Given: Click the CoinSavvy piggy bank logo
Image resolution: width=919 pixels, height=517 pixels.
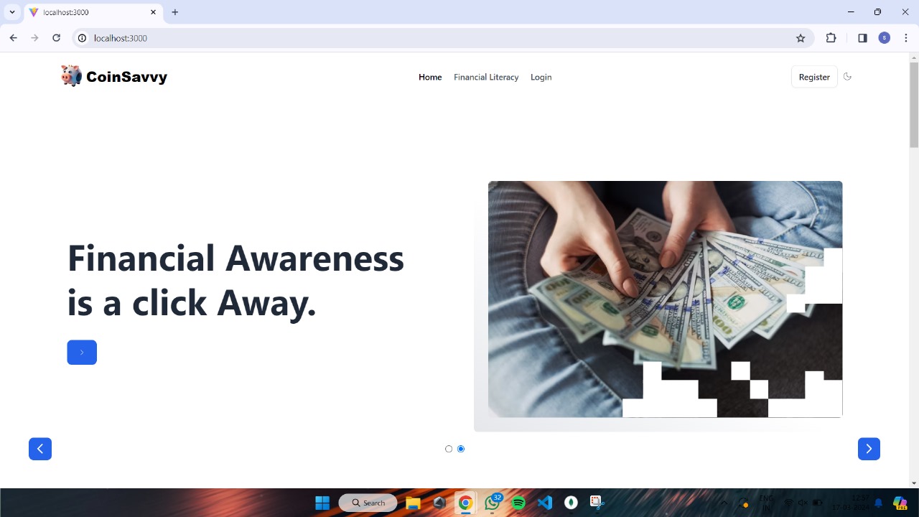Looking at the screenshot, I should coord(71,75).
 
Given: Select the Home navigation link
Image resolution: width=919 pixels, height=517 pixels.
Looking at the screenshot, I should coord(430,77).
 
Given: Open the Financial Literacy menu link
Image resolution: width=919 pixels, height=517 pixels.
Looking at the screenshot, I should coord(486,77).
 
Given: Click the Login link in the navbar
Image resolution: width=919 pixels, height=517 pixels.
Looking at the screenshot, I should coord(541,77).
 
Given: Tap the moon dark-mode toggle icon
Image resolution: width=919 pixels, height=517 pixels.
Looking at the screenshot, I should coord(847,77).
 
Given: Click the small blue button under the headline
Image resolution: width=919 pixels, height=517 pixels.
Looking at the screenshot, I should coord(82,353).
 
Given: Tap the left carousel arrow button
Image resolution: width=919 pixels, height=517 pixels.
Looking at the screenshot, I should coord(40,449).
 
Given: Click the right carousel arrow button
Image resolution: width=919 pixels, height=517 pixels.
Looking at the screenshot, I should coord(869,449).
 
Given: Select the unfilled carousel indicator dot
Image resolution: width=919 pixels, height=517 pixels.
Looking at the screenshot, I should coord(449,449).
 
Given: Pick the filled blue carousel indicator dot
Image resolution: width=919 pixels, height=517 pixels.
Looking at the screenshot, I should coord(461,449).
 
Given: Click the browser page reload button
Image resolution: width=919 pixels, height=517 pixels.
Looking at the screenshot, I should coord(57,38).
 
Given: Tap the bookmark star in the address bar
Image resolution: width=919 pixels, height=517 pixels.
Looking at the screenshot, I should coord(801,38).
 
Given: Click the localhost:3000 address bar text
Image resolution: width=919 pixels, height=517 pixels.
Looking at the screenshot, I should coord(121,38).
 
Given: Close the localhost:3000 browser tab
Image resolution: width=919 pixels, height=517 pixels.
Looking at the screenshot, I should coord(153,12).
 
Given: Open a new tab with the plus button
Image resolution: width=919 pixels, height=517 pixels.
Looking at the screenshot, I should coord(175,12).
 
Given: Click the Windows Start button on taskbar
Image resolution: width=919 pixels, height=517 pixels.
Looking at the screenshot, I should coord(322,503).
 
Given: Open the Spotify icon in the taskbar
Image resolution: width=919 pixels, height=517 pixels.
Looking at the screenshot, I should coord(518,503).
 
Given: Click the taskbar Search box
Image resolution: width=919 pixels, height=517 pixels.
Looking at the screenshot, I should coord(368,503).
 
